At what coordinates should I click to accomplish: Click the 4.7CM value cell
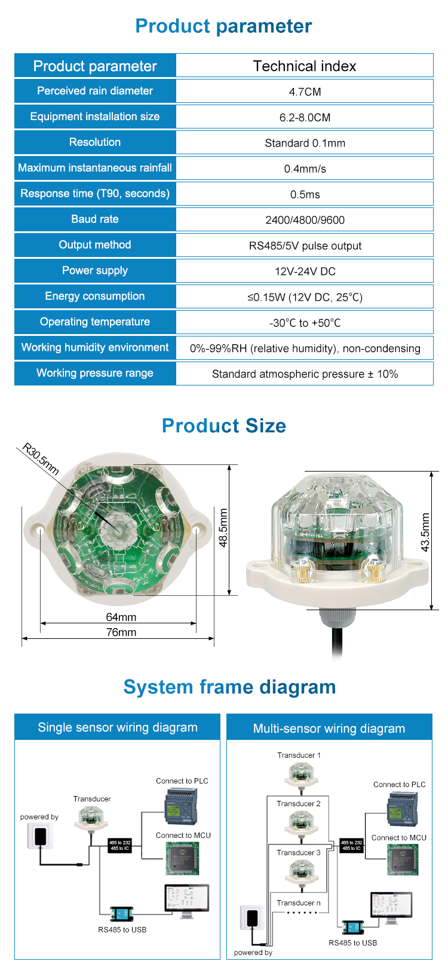(305, 91)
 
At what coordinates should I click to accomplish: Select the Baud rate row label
(95, 219)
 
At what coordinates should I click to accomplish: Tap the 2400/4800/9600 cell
(305, 220)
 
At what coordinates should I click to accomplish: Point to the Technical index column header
(305, 66)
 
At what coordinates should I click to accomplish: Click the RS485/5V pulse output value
(305, 246)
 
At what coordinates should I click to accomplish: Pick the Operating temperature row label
(95, 322)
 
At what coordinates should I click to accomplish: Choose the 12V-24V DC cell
(305, 271)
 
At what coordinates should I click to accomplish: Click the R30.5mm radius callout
(41, 458)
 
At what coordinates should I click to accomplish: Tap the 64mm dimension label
(121, 617)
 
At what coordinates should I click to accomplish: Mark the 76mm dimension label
(121, 632)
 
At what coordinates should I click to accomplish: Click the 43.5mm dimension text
(425, 533)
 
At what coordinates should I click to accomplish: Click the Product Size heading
(224, 426)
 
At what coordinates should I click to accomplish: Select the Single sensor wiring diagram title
(118, 727)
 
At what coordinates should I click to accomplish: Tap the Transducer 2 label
(299, 804)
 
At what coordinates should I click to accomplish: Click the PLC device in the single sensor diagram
(180, 806)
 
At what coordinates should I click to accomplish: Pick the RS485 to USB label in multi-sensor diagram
(353, 942)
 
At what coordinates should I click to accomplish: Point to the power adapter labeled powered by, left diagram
(39, 836)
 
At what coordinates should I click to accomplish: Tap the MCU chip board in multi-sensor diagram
(402, 859)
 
